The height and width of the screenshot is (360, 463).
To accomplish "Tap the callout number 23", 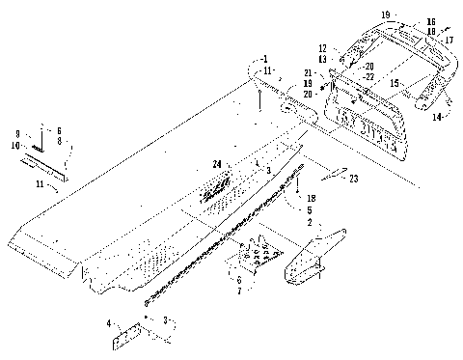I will [x=354, y=178].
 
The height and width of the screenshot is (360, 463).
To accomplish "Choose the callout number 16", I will [x=430, y=21].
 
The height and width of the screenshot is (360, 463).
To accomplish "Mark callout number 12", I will [x=324, y=46].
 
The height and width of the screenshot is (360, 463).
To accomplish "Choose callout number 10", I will [x=17, y=145].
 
